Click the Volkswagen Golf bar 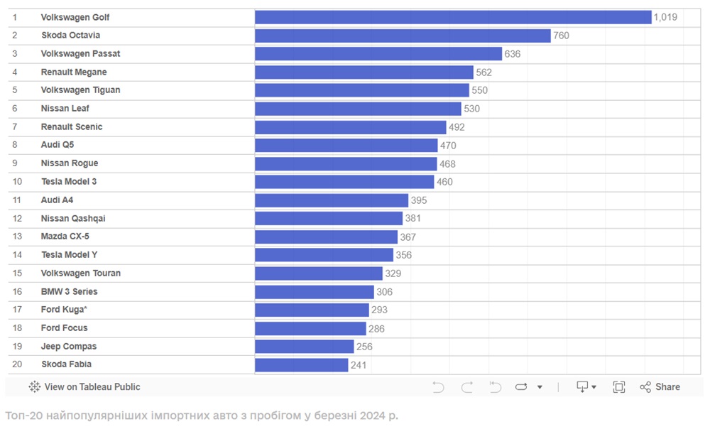[x=453, y=17]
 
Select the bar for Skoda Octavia [x=403, y=36]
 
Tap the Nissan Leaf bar [x=358, y=109]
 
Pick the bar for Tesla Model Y [x=324, y=255]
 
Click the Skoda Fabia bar [x=301, y=364]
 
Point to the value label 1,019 [x=665, y=17]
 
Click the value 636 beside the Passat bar [x=513, y=54]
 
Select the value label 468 [x=447, y=163]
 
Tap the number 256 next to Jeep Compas [x=364, y=347]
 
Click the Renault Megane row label [x=74, y=72]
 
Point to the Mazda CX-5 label [x=65, y=237]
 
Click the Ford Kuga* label [x=64, y=310]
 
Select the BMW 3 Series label [x=70, y=291]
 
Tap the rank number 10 [x=17, y=182]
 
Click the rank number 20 [x=17, y=364]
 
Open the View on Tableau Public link [x=84, y=387]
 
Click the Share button [x=660, y=387]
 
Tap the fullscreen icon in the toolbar [x=619, y=387]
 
